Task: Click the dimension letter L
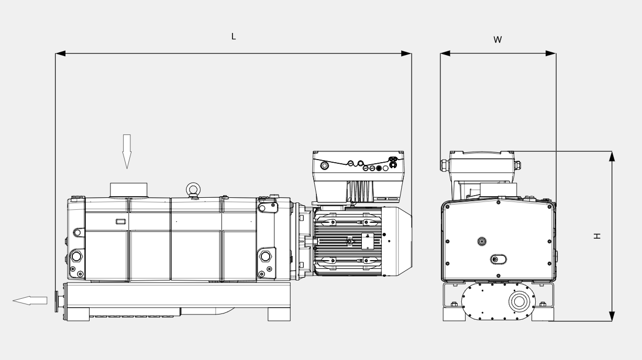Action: [x=234, y=37]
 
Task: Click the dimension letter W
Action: [x=497, y=40]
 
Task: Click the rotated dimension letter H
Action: [x=597, y=236]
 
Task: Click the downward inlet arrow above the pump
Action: [x=127, y=152]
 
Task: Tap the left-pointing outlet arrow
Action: [x=30, y=300]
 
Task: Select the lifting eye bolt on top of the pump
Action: [x=193, y=190]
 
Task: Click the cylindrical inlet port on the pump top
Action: [x=128, y=190]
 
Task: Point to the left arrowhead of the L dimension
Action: [x=60, y=53]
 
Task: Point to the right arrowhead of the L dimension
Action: [x=406, y=53]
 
